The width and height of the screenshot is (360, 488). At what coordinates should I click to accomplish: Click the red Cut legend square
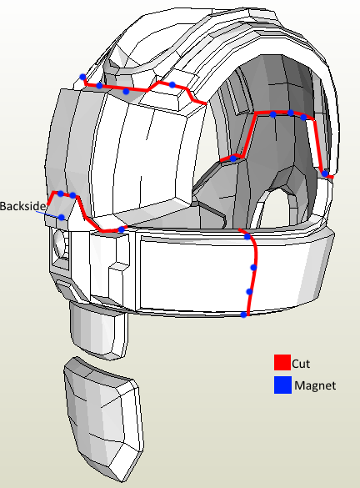click(282, 362)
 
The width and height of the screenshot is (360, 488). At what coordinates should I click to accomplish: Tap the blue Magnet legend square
click(282, 385)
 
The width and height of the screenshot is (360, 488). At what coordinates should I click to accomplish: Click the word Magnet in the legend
click(315, 385)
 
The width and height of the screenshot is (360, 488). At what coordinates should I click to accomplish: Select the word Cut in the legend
click(301, 364)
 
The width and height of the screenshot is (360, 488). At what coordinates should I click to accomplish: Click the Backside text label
click(22, 206)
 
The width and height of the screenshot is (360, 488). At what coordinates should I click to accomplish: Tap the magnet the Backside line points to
click(62, 217)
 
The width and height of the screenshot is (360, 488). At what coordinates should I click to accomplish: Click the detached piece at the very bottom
click(104, 419)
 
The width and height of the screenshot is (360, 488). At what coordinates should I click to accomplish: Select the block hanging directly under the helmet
click(98, 330)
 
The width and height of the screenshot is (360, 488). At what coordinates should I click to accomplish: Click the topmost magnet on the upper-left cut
click(82, 77)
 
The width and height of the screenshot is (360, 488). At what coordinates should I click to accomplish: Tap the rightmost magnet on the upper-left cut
click(172, 84)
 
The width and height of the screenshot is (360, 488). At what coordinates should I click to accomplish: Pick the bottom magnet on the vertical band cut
click(243, 314)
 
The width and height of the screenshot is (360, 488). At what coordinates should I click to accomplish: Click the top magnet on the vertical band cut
click(247, 237)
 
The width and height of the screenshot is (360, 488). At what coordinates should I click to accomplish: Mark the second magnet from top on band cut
click(253, 267)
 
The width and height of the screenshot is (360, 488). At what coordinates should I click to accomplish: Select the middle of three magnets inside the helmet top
click(290, 113)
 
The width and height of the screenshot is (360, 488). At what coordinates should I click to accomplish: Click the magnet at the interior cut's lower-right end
click(324, 174)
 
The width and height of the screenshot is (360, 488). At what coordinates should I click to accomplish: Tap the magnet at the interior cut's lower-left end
click(232, 158)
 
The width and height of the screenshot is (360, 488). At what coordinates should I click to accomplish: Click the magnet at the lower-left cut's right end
click(121, 229)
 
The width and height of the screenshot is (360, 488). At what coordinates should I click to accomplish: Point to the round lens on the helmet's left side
click(60, 244)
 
